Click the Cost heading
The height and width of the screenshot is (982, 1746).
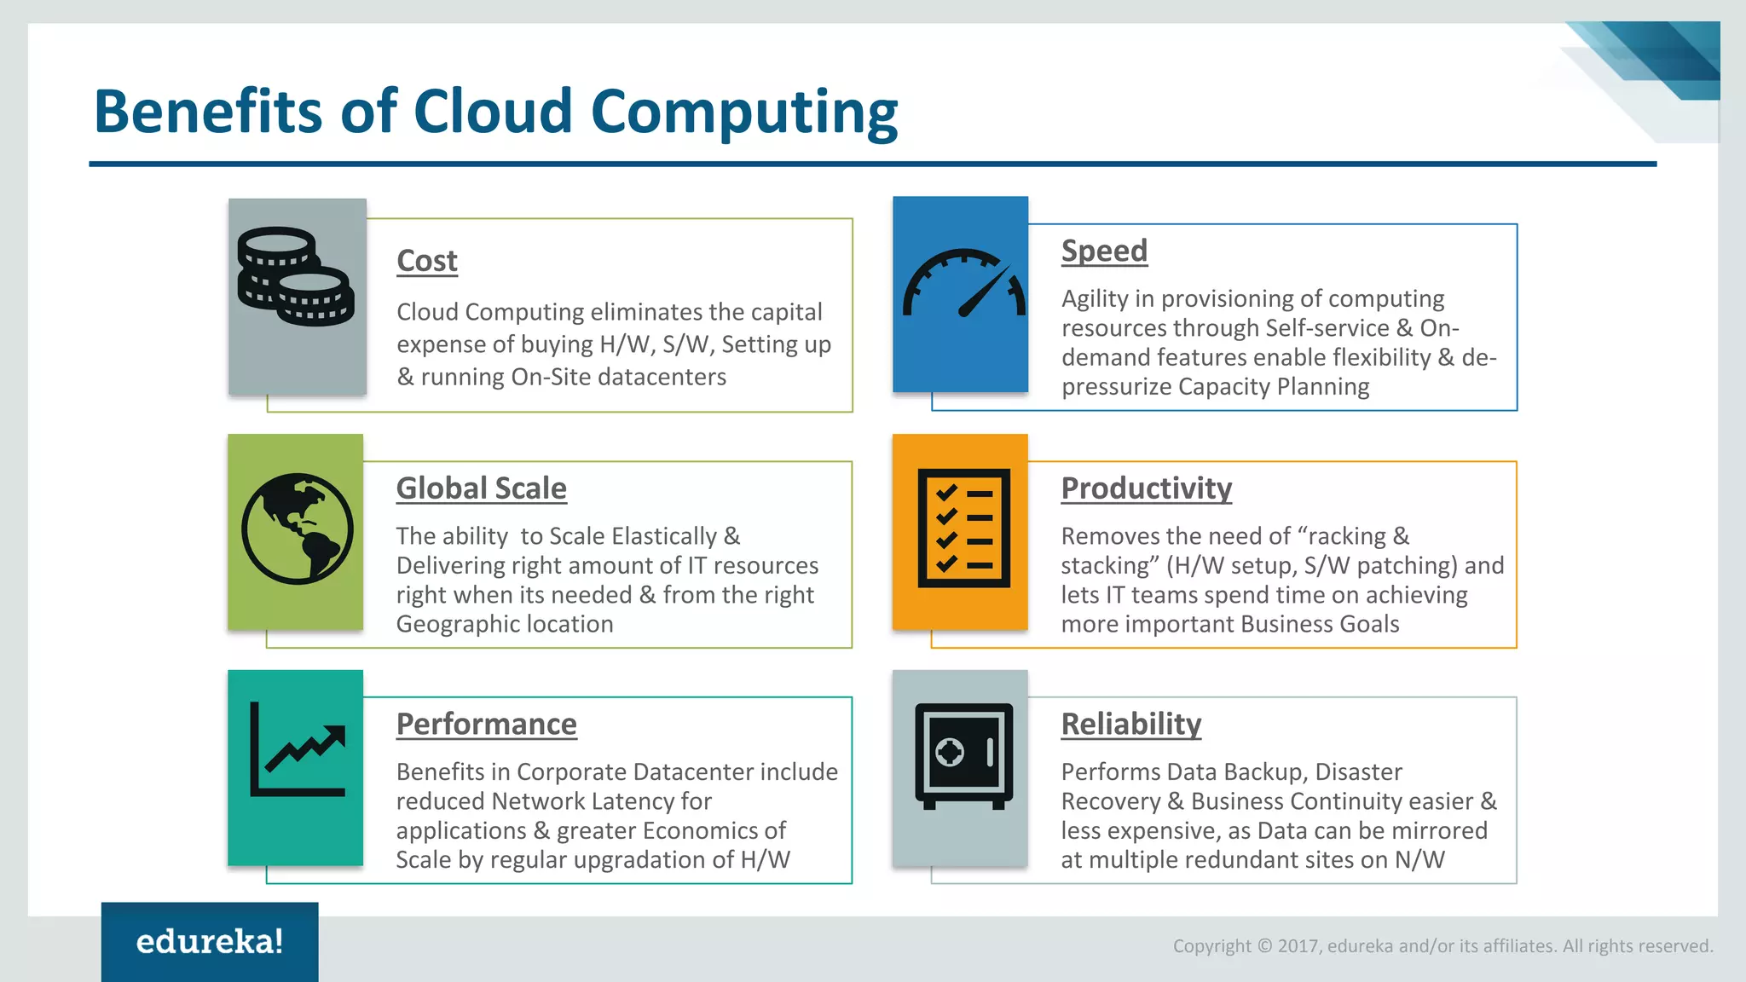pyautogui.click(x=427, y=261)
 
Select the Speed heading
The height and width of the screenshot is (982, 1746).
pyautogui.click(x=1104, y=251)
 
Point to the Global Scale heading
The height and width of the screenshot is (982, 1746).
pyautogui.click(x=481, y=488)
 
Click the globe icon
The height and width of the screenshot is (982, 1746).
pyautogui.click(x=297, y=529)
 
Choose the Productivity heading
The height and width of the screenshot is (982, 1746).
pyautogui.click(x=1146, y=488)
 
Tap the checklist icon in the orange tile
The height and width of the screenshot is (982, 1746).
pyautogui.click(x=963, y=529)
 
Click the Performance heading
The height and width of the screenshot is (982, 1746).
pyautogui.click(x=486, y=724)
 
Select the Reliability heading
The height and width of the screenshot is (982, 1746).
pyautogui.click(x=1130, y=724)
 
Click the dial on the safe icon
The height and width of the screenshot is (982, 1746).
pyautogui.click(x=950, y=752)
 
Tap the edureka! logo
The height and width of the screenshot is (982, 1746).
pyautogui.click(x=210, y=941)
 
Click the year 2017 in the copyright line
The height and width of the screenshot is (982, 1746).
pyautogui.click(x=1297, y=946)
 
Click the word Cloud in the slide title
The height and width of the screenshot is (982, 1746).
pyautogui.click(x=493, y=112)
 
